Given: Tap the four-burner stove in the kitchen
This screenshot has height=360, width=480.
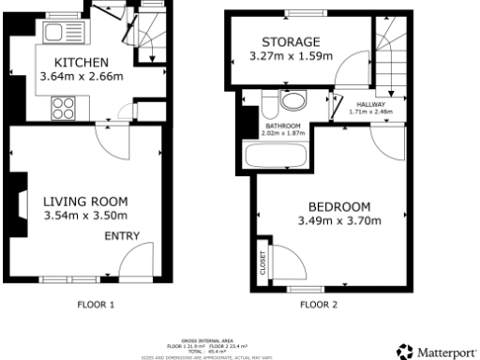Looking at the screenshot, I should (x=63, y=109).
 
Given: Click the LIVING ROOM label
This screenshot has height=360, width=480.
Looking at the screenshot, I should (x=85, y=201).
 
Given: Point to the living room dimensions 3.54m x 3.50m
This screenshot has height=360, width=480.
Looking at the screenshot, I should (x=85, y=217).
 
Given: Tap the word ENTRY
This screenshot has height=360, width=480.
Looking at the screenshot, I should (x=121, y=235).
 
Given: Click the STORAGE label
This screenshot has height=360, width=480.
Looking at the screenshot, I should (x=291, y=42).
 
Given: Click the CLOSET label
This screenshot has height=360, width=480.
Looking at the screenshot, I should (x=262, y=266).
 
